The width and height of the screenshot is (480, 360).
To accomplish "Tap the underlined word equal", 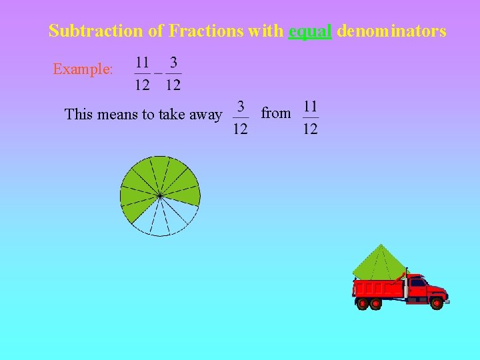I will (310, 31).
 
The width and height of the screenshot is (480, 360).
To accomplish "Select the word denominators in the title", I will (391, 31).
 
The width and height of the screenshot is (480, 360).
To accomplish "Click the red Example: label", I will (83, 69).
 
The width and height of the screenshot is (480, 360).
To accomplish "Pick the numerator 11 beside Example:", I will (143, 63).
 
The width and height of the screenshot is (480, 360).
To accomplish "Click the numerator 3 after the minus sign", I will (173, 63).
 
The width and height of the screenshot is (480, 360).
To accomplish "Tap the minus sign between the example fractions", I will (158, 73).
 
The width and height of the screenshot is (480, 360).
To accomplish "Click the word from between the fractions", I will (275, 113).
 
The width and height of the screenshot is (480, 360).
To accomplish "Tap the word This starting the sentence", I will (79, 115).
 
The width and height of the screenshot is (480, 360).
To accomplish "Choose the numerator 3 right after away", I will (241, 107).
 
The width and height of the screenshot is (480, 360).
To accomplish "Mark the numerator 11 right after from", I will (310, 107).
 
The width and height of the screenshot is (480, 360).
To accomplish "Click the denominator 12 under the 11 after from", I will (310, 129).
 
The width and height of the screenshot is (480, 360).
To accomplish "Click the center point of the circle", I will (160, 195).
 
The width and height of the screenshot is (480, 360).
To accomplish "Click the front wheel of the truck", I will (437, 303).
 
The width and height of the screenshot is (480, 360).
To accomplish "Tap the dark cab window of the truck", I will (418, 283).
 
